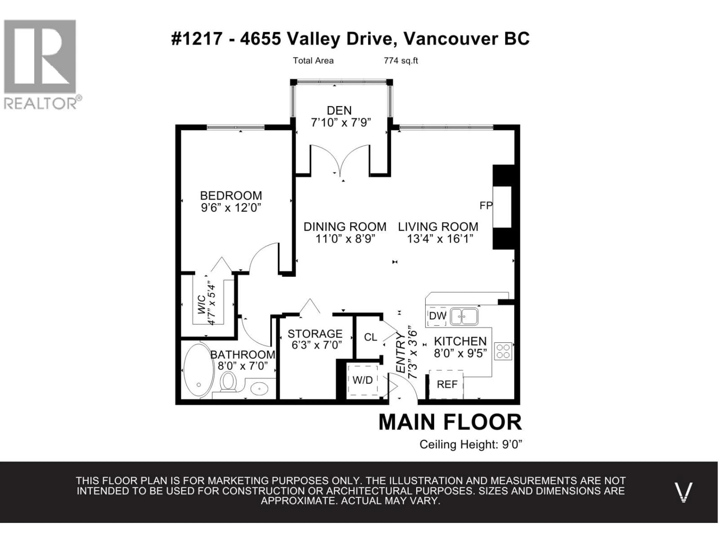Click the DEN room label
[x=339, y=110]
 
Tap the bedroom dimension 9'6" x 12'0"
[x=231, y=208]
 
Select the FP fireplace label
[x=486, y=205]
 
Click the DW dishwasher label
[x=438, y=316]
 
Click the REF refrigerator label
[x=447, y=385]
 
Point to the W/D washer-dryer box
[x=362, y=380]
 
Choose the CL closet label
[x=371, y=337]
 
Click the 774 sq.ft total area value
[x=401, y=61]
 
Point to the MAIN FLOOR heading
[x=450, y=422]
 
